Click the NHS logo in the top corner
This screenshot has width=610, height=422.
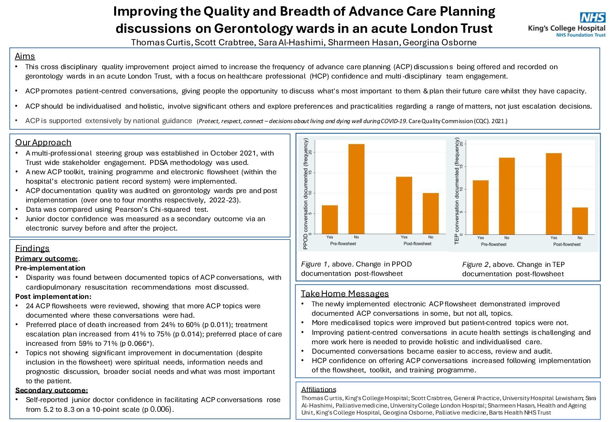tap(592, 18)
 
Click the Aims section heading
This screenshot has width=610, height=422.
tap(25, 56)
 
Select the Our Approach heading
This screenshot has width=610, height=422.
tap(43, 143)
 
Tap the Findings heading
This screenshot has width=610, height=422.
tap(32, 249)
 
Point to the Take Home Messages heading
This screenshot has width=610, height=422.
tap(344, 294)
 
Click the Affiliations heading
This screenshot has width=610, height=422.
tap(318, 390)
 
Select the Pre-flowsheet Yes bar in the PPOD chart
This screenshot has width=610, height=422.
tap(330, 220)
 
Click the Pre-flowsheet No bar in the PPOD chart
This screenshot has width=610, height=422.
tap(356, 189)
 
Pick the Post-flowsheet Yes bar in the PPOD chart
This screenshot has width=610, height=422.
tap(404, 206)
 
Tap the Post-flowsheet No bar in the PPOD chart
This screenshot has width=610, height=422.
tap(431, 213)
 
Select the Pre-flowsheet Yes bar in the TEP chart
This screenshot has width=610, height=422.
tap(481, 207)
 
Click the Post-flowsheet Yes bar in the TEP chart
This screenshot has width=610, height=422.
tap(554, 194)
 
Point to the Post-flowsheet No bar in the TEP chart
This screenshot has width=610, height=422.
tap(580, 221)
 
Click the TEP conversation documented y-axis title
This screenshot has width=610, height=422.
tap(457, 191)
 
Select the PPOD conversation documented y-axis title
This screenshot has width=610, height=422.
tap(306, 193)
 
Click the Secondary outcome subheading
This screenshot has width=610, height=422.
tap(51, 390)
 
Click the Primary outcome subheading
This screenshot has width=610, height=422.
tap(46, 259)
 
